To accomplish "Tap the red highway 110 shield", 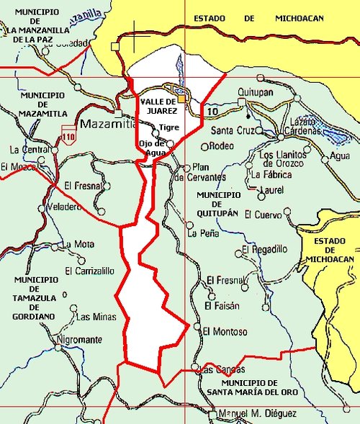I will click(x=69, y=135).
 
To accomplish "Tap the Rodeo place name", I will click(x=221, y=146).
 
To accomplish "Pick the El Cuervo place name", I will click(x=263, y=214).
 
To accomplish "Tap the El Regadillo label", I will click(x=264, y=249).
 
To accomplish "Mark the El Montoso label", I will click(x=225, y=332).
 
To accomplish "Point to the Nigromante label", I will click(x=78, y=340).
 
